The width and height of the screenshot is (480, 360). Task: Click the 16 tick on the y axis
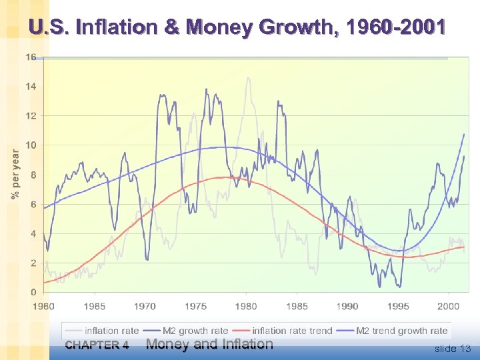pos(31,57)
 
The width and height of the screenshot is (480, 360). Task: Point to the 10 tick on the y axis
pos(31,145)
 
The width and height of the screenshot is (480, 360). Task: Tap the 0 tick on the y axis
pos(33,293)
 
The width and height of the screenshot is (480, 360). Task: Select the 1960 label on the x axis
pos(44,307)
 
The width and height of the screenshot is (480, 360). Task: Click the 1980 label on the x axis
pos(246,307)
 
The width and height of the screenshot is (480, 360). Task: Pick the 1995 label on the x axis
pos(398,307)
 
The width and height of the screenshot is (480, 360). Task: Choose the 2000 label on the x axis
pos(449,307)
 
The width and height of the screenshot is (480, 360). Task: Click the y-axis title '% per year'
pos(15,174)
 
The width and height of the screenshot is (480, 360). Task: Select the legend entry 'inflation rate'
pos(111,331)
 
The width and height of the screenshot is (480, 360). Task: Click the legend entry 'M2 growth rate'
pos(197,331)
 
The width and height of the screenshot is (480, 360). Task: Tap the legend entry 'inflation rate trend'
pos(292,331)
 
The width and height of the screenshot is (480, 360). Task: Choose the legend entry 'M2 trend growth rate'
pos(401,331)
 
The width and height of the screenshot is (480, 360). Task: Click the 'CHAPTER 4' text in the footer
pos(97,345)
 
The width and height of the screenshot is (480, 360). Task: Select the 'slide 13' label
pos(452,349)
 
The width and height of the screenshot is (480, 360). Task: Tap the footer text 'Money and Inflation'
pos(209,344)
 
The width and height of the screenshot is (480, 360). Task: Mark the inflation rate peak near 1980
pos(249,78)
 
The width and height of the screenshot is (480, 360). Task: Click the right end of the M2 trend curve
pos(464,135)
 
